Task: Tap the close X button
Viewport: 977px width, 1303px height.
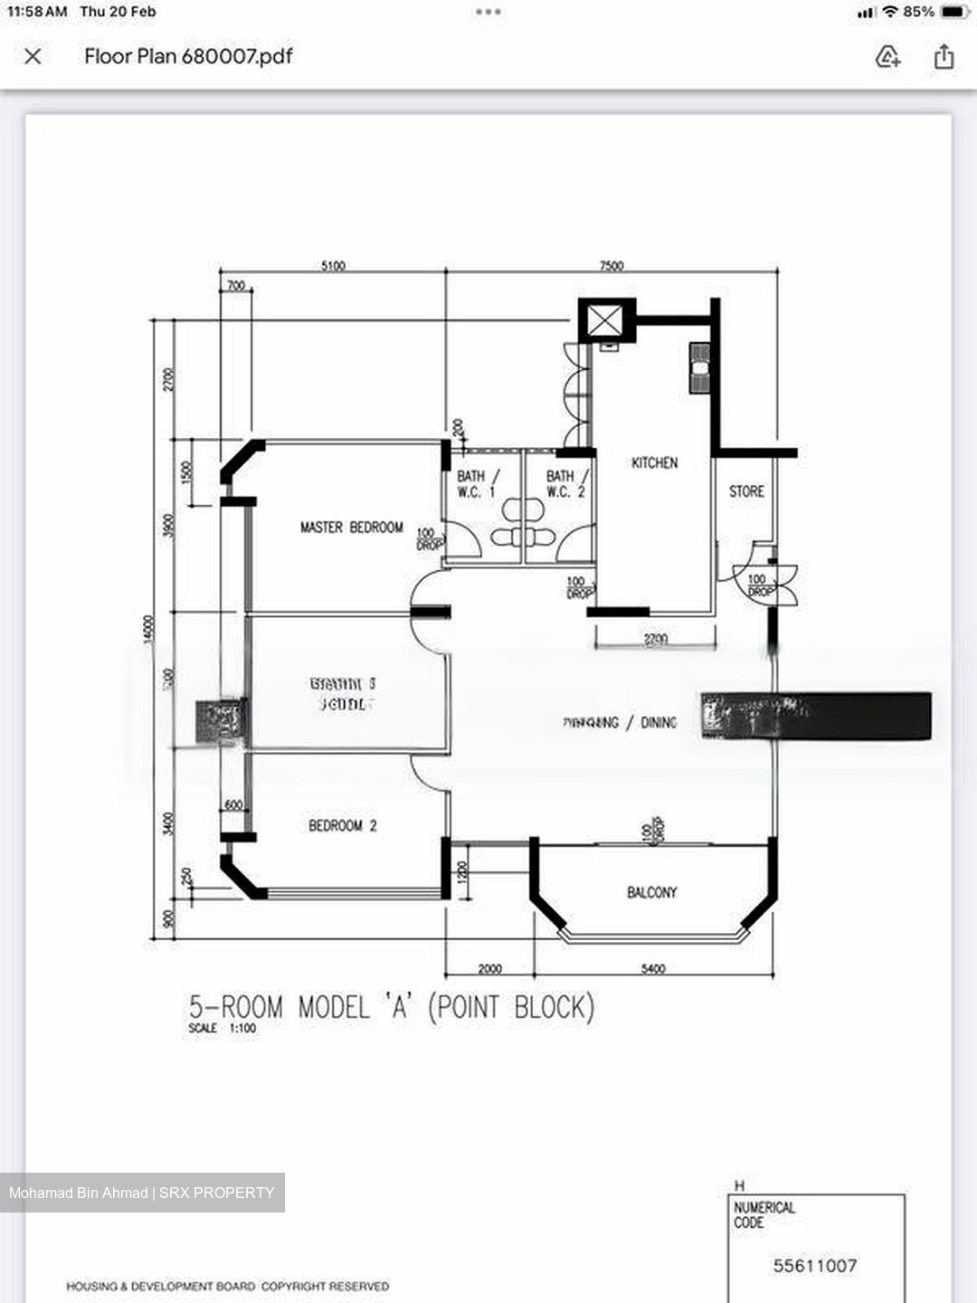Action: pos(33,57)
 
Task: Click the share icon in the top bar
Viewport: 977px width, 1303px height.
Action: pos(944,57)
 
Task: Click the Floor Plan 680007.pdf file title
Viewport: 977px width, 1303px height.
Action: pos(188,56)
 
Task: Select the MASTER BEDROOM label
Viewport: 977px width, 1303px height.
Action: pos(351,528)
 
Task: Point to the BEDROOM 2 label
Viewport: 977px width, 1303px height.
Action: pos(342,825)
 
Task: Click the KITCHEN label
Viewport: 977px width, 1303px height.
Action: pos(654,463)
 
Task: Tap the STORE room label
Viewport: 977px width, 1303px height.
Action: pos(746,491)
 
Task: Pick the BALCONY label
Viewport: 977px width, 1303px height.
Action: pos(651,892)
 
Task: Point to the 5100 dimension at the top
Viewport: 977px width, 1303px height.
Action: pos(333,266)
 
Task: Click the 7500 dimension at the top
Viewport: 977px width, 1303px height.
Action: pos(612,266)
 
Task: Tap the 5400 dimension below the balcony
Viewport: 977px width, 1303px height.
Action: pos(652,969)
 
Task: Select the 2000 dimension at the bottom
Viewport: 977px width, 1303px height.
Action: pos(489,969)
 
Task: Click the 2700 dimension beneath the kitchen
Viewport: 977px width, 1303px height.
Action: pos(655,639)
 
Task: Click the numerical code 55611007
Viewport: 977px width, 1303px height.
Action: pos(814,1266)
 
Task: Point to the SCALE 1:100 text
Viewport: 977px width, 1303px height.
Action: pos(222,1029)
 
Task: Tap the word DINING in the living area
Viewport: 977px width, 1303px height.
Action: pos(659,722)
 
